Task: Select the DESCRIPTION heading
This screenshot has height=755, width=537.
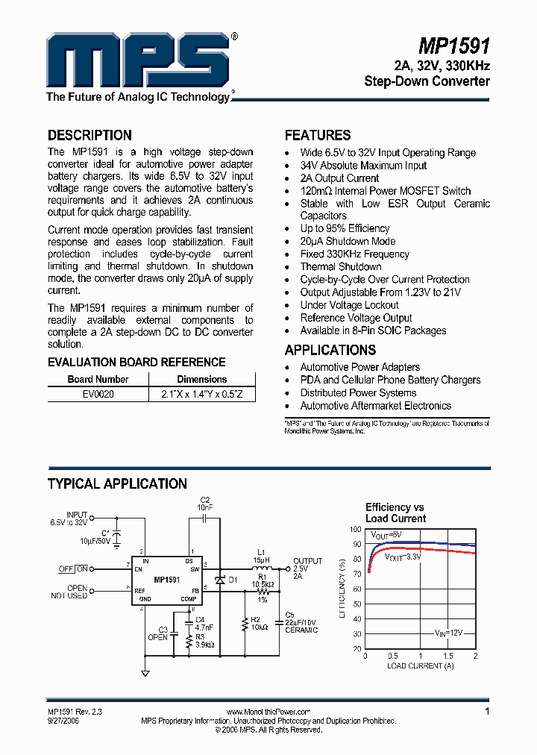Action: (x=89, y=135)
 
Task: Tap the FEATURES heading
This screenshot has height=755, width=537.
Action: (x=318, y=135)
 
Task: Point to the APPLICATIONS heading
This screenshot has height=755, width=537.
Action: (x=330, y=350)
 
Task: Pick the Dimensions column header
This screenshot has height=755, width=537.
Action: (x=201, y=379)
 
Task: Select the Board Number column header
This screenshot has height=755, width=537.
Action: (x=98, y=379)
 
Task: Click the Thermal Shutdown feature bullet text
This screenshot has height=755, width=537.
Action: (x=341, y=266)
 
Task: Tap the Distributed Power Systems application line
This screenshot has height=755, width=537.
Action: (x=358, y=392)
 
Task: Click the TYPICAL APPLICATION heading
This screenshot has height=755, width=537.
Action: (x=117, y=484)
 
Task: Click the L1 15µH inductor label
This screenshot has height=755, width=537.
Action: (x=261, y=555)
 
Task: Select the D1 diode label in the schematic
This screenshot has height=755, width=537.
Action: (x=233, y=580)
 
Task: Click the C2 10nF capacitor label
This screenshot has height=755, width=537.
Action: (x=205, y=503)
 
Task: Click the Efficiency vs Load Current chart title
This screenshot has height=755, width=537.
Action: (x=395, y=513)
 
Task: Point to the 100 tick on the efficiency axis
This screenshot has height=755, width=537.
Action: (x=356, y=529)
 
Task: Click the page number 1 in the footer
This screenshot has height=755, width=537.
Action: (x=487, y=712)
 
